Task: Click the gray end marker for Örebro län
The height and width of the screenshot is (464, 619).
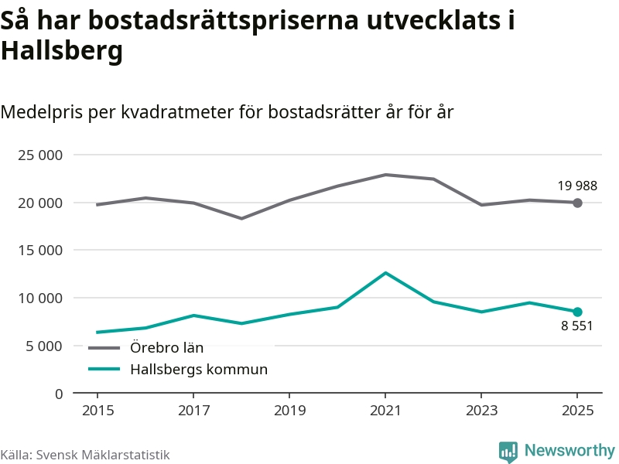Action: pyautogui.click(x=577, y=203)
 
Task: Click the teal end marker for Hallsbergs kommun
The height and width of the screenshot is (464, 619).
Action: pyautogui.click(x=577, y=312)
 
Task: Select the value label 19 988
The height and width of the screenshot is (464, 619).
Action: pyautogui.click(x=577, y=186)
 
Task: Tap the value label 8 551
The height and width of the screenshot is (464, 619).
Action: pyautogui.click(x=577, y=326)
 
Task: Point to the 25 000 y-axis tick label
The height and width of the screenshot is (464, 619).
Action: pyautogui.click(x=40, y=155)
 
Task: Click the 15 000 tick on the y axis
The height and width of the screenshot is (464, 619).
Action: pyautogui.click(x=40, y=251)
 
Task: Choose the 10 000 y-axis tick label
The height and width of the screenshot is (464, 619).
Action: pyautogui.click(x=40, y=298)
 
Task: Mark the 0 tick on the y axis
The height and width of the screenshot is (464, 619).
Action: pyautogui.click(x=58, y=394)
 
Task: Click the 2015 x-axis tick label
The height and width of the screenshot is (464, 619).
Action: pyautogui.click(x=97, y=410)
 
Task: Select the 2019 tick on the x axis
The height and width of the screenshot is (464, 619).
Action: pyautogui.click(x=289, y=410)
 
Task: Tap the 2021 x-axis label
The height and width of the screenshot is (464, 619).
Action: pyautogui.click(x=385, y=410)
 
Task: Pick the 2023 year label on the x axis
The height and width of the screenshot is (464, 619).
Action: pyautogui.click(x=481, y=410)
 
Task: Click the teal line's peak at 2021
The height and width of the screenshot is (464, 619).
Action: pyautogui.click(x=385, y=273)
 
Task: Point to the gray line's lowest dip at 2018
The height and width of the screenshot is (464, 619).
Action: pyautogui.click(x=241, y=218)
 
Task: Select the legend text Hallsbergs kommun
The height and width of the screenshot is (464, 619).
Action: pyautogui.click(x=198, y=370)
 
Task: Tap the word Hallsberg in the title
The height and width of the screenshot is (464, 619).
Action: pyautogui.click(x=62, y=51)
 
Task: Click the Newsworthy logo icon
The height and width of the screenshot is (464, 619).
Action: pyautogui.click(x=508, y=452)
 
